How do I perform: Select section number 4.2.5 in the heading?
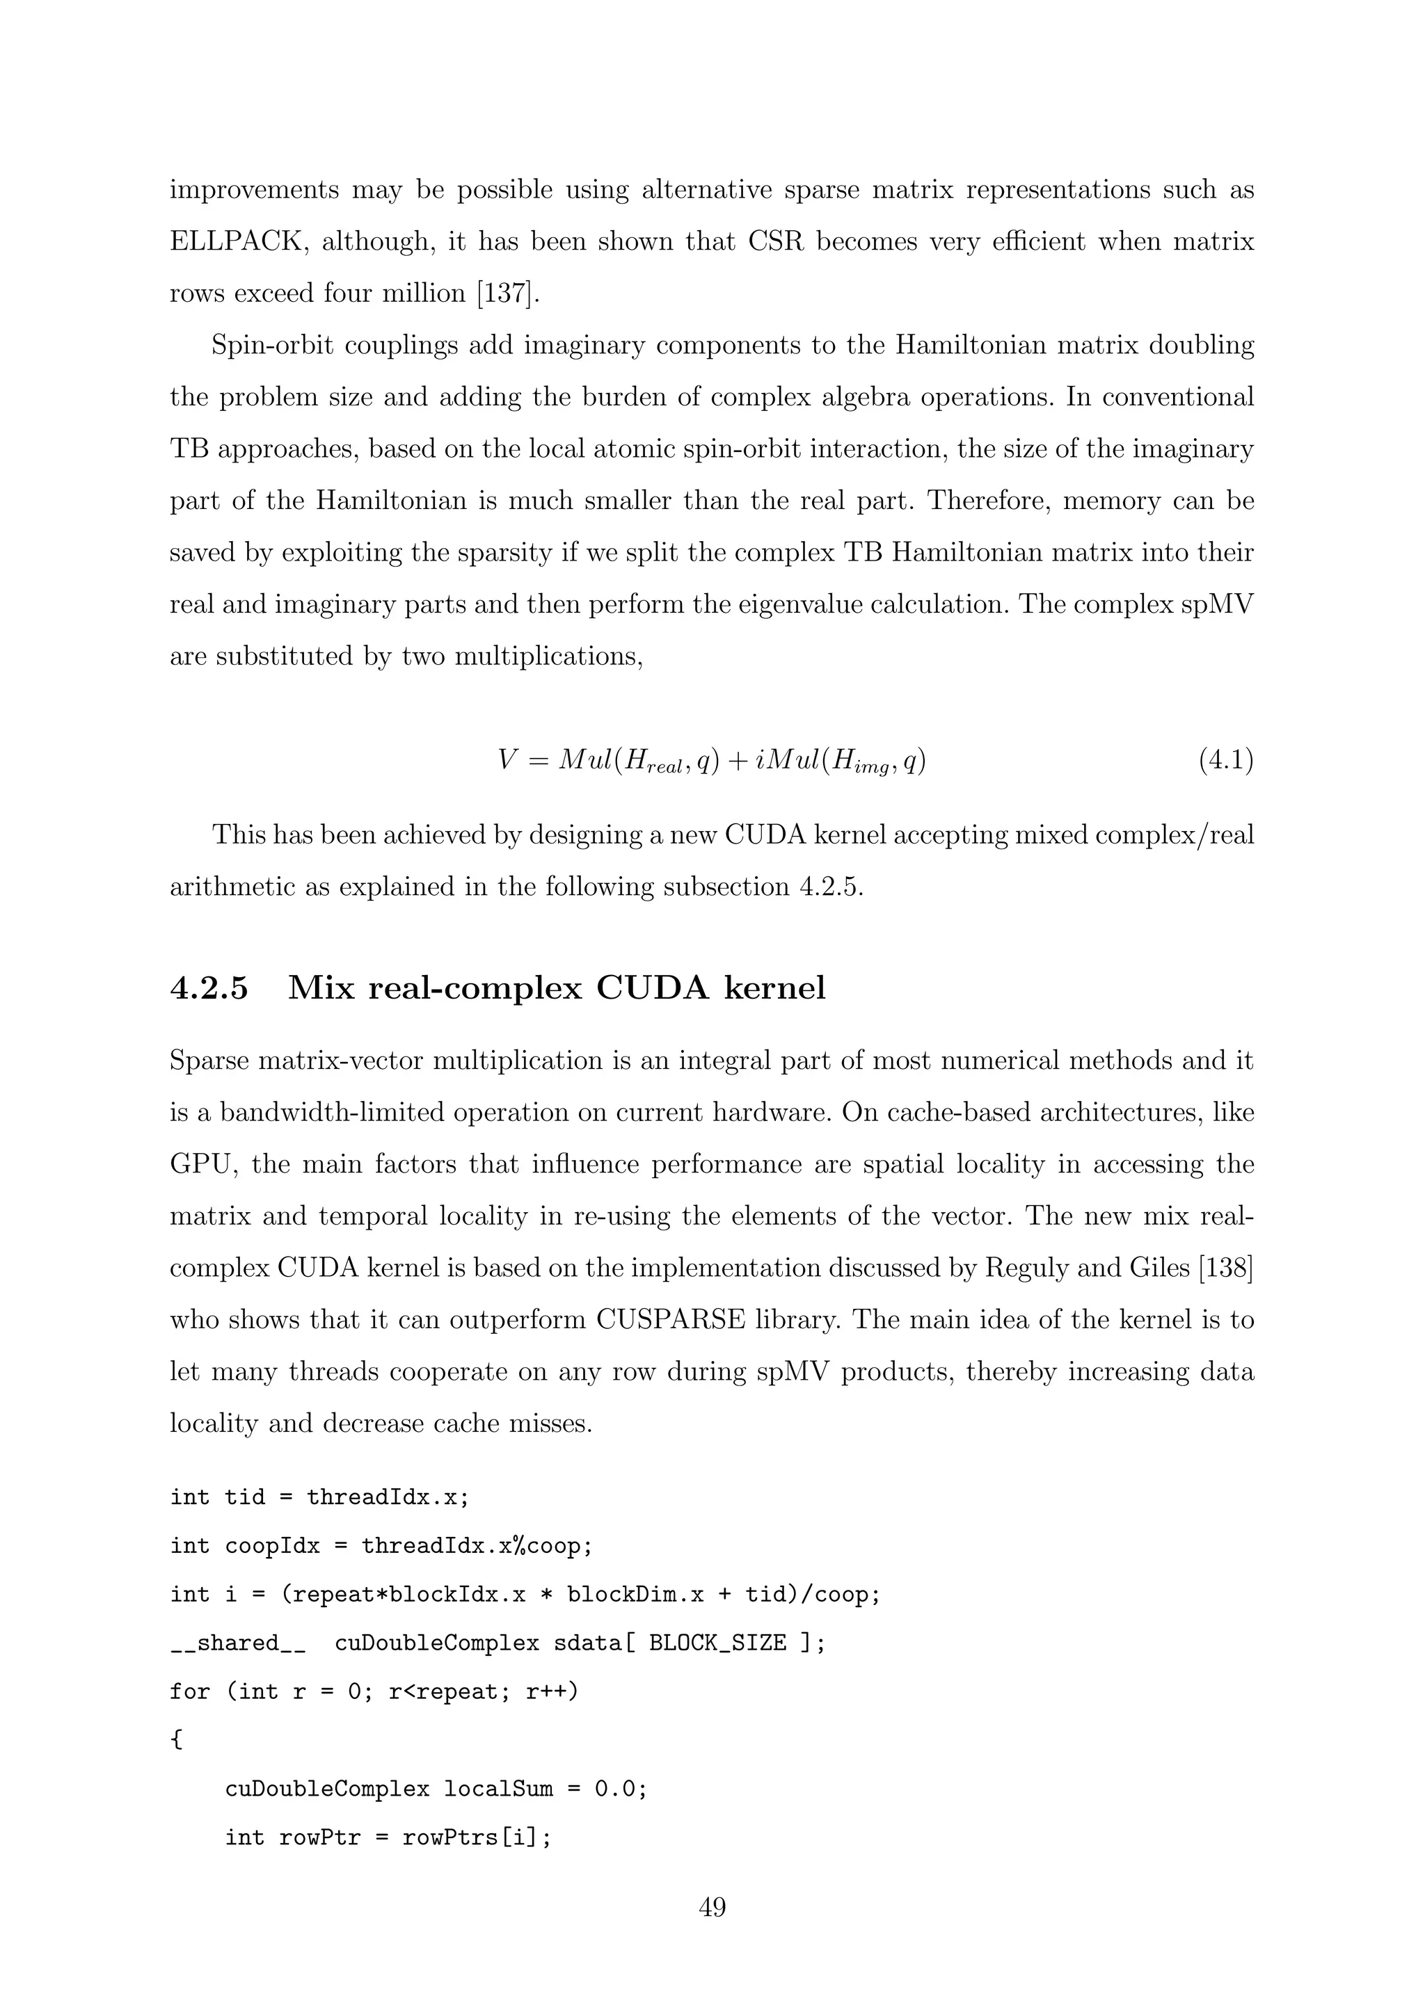pyautogui.click(x=209, y=989)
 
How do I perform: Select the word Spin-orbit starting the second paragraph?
pyautogui.click(x=272, y=346)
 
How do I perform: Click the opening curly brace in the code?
pyautogui.click(x=175, y=1740)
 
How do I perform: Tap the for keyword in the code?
pyautogui.click(x=189, y=1691)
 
